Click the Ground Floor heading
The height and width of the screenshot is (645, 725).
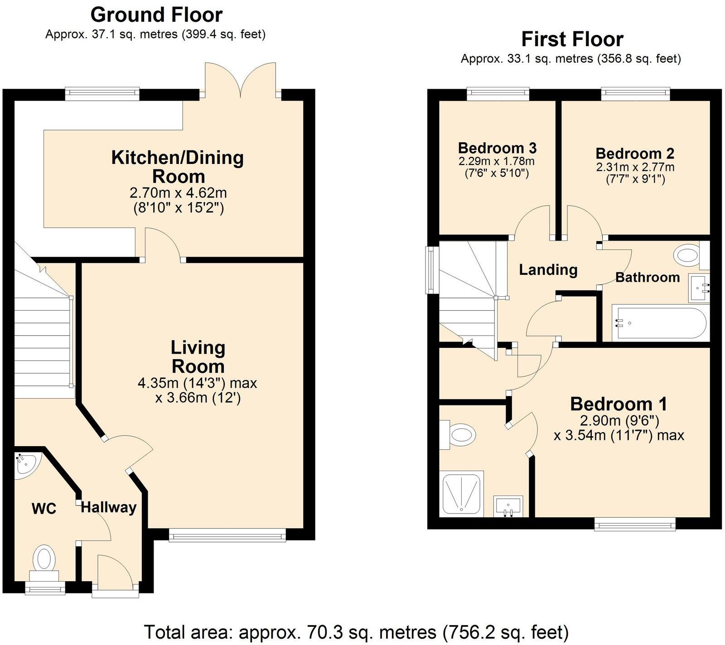[x=156, y=15]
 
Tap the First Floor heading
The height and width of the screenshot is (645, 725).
[x=572, y=39]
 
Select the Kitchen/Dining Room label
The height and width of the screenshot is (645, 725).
[x=178, y=167]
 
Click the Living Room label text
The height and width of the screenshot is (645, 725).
[x=198, y=356]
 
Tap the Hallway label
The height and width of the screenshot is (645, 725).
[x=108, y=508]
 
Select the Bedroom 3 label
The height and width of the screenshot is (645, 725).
[x=497, y=148]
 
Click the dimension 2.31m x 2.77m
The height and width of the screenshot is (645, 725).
[x=635, y=167]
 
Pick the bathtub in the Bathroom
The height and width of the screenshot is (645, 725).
[x=660, y=323]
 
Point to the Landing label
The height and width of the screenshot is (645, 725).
[x=548, y=270]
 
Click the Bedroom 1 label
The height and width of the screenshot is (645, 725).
[x=619, y=404]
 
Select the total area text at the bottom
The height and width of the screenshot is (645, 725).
[x=356, y=631]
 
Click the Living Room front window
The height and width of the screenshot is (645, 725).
[x=227, y=536]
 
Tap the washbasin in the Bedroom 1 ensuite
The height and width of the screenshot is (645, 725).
[x=508, y=505]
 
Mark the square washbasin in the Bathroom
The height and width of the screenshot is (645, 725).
[x=698, y=287]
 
